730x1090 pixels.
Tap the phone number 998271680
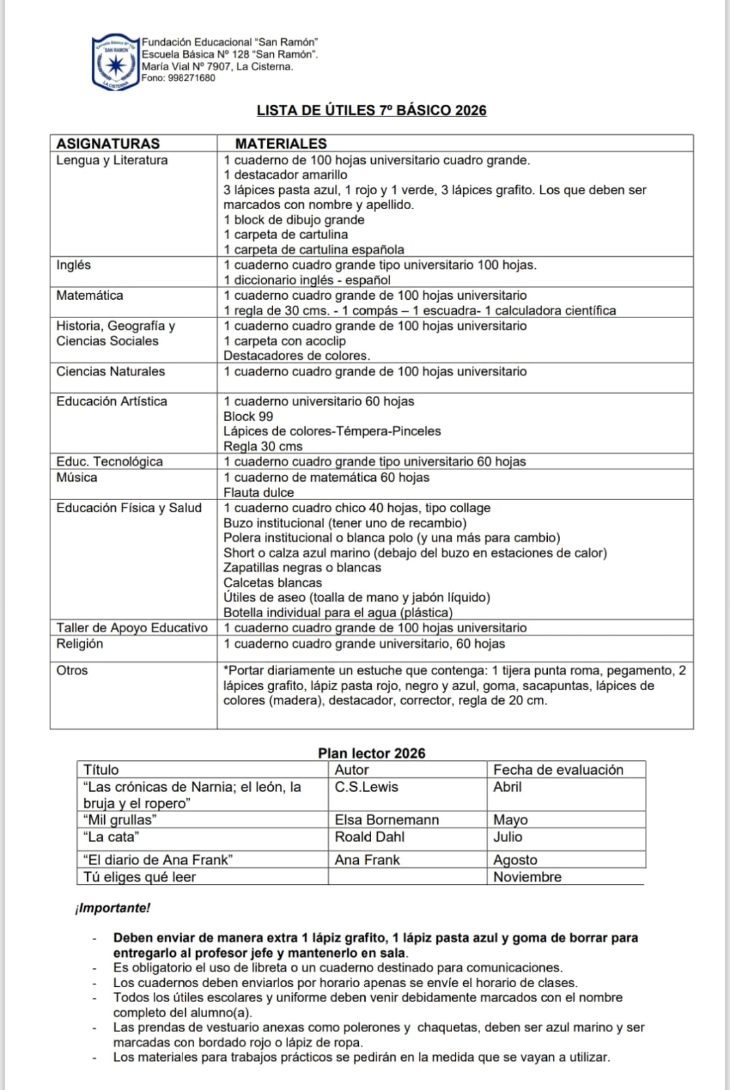point(191,78)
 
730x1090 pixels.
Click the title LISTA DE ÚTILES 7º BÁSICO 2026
point(371,110)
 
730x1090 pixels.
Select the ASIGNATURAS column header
point(108,144)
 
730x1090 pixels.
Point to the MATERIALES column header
point(281,144)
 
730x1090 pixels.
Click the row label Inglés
point(74,265)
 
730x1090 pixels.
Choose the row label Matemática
point(90,296)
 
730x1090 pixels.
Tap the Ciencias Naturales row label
point(110,371)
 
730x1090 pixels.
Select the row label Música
point(76,478)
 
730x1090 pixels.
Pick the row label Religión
point(80,644)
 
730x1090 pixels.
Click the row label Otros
point(72,670)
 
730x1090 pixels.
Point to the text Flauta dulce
point(259,493)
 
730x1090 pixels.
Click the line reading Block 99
point(248,416)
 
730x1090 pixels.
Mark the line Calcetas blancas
point(272,582)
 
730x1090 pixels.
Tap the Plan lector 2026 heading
point(371,753)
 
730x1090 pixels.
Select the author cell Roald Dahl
point(369,837)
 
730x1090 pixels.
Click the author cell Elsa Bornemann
point(386,820)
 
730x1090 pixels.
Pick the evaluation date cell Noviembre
point(527,877)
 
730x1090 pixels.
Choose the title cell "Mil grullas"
point(120,820)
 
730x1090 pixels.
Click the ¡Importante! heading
point(113,908)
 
